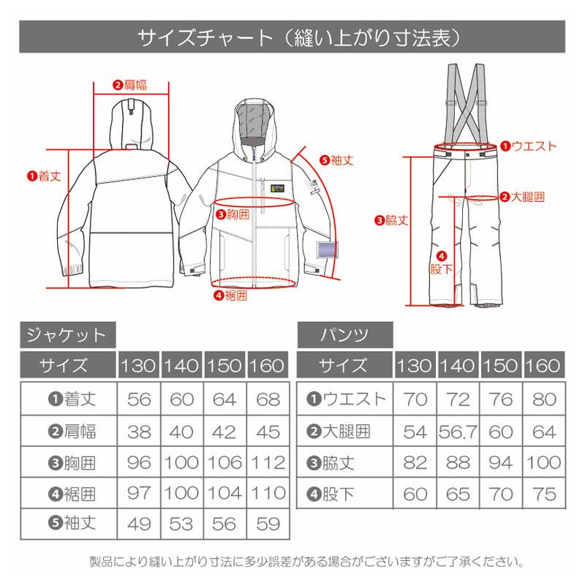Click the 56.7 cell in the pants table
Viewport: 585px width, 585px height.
coord(459,431)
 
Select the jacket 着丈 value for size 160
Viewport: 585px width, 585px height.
coord(268,399)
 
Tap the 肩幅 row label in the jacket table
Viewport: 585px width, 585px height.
coord(72,431)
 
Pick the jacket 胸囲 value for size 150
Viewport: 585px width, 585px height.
coord(224,463)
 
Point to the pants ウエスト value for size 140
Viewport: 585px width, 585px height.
coord(459,399)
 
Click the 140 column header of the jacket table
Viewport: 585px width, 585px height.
coord(181,366)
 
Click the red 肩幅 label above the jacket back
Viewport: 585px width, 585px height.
coord(130,85)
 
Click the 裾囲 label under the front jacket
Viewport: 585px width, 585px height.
coord(230,296)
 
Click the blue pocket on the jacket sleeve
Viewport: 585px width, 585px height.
coord(322,250)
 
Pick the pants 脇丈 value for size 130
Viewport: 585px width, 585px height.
coord(416,463)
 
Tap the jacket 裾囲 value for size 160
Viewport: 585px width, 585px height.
coord(268,495)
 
